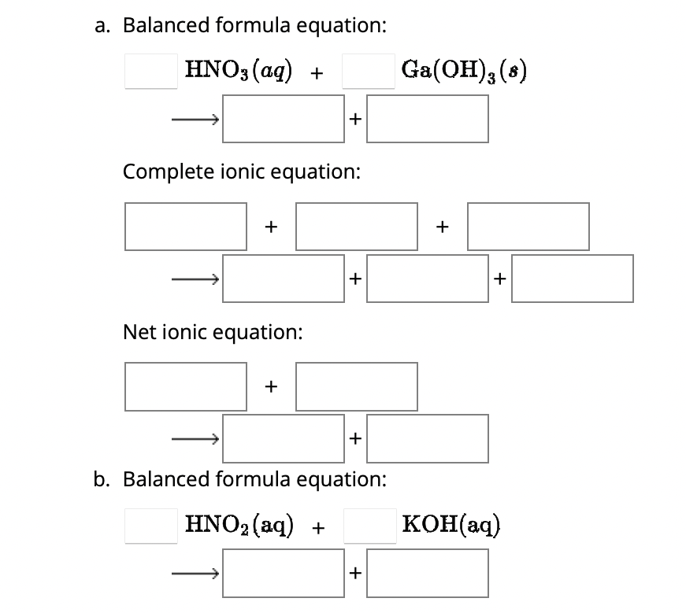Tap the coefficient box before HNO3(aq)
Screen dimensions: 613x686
150,71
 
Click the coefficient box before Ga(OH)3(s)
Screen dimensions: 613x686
369,71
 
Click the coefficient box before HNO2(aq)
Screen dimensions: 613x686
150,525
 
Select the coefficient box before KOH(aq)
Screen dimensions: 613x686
369,525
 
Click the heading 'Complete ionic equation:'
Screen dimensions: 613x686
242,172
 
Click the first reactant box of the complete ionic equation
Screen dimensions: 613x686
186,227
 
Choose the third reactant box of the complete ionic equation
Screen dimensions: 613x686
528,227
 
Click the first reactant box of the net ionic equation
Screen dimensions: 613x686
186,386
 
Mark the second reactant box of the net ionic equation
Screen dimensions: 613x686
356,386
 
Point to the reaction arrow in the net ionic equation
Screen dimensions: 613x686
195,438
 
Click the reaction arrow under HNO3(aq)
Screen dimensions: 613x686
195,120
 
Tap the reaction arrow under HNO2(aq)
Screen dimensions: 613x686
195,573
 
